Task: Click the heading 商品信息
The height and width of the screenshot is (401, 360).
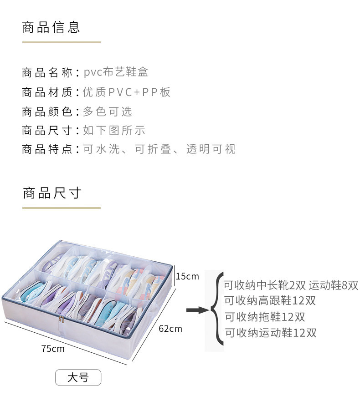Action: tap(51, 27)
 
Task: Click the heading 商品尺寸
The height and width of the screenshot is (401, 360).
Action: tap(51, 193)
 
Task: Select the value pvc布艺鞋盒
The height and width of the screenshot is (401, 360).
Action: tap(116, 72)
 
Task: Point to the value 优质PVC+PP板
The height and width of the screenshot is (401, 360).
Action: tap(127, 92)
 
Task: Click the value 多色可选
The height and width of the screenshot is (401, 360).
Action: tap(108, 112)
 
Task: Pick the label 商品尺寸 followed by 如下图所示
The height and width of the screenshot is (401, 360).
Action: tap(47, 131)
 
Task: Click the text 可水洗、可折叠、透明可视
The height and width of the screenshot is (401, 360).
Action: tap(159, 149)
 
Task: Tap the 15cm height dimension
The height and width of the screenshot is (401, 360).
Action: tap(187, 276)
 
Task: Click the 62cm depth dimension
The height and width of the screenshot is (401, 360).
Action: tap(170, 328)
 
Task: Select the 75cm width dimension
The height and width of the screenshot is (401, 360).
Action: tap(53, 349)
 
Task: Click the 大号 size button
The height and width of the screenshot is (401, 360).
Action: tap(78, 377)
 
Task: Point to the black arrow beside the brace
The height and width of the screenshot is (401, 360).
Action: tap(197, 310)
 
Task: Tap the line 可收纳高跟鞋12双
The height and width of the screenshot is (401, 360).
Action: tap(270, 301)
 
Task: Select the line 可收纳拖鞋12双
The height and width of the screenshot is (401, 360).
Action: tap(265, 317)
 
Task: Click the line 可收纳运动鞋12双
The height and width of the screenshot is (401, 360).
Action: tap(271, 333)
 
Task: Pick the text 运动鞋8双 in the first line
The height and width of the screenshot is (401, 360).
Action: tap(334, 285)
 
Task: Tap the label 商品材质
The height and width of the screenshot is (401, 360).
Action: tap(47, 92)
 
